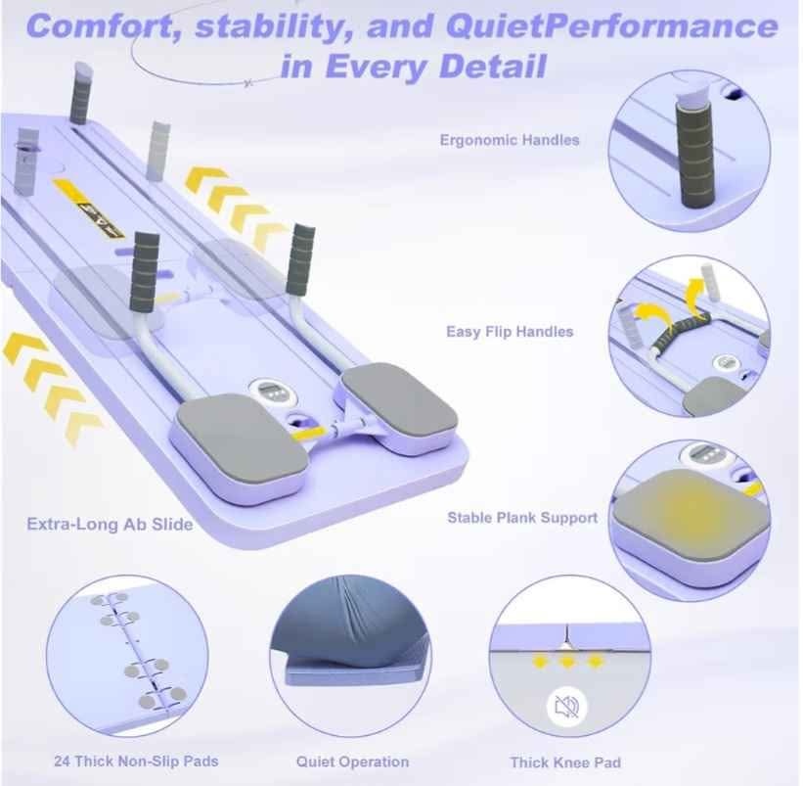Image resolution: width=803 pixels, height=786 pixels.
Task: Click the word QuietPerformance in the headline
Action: point(611,26)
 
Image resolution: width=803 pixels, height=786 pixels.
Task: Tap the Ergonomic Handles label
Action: point(510,140)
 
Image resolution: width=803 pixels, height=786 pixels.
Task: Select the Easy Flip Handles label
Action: point(510,332)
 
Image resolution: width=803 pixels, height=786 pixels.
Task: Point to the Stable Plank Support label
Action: point(522,518)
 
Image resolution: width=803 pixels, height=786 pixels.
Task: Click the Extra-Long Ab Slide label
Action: point(110,525)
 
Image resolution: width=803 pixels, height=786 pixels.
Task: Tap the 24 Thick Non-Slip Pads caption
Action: point(136,761)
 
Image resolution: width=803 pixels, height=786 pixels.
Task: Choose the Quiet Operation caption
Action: point(352,762)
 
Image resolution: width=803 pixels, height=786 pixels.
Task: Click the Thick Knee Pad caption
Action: point(565,763)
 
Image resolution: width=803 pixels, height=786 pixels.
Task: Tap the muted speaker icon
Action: point(567,707)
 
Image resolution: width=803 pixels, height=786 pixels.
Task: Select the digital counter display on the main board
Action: point(270,392)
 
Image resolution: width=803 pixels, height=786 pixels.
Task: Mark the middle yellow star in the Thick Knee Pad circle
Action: point(567,662)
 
